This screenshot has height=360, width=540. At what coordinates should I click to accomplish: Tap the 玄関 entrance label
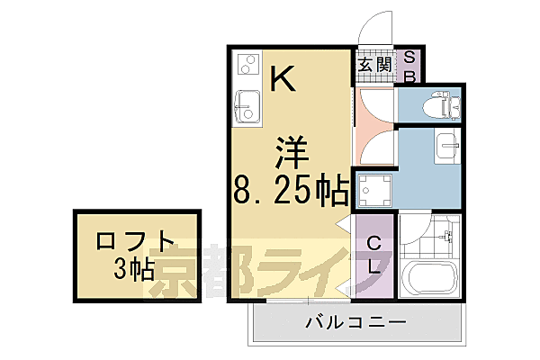[x=374, y=65]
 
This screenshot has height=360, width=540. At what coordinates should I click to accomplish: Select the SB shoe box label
[x=408, y=66]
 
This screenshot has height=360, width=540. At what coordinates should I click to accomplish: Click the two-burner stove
[x=246, y=65]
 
